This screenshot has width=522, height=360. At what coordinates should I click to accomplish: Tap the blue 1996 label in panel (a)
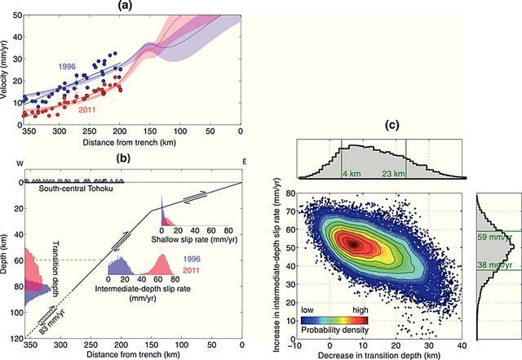pyautogui.click(x=68, y=66)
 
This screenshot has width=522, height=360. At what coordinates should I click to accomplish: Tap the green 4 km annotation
pyautogui.click(x=353, y=173)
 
